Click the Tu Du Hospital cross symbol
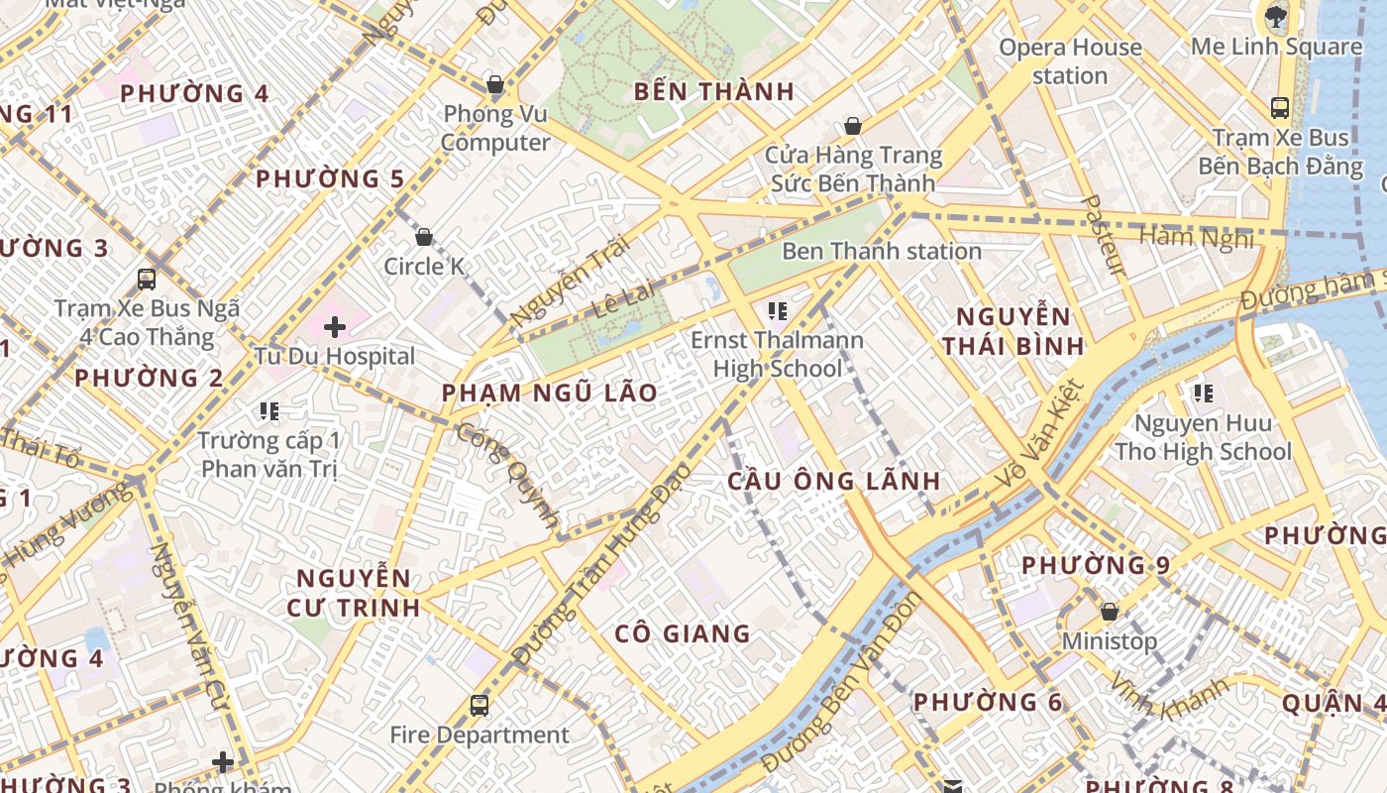[335, 326]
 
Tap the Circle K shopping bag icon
[424, 237]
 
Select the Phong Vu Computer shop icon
[495, 85]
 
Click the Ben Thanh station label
[882, 251]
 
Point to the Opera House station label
[1070, 61]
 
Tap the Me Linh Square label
[1276, 47]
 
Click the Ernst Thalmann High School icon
[778, 311]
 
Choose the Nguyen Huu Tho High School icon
[1204, 394]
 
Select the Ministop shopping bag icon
[1110, 612]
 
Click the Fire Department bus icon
[480, 705]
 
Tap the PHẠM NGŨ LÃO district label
[550, 393]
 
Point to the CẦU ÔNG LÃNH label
[834, 482]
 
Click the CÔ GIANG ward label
[683, 633]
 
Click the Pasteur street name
[1103, 235]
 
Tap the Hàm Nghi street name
[1196, 237]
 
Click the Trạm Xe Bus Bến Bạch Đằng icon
[1279, 108]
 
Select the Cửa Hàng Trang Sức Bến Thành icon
[852, 126]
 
